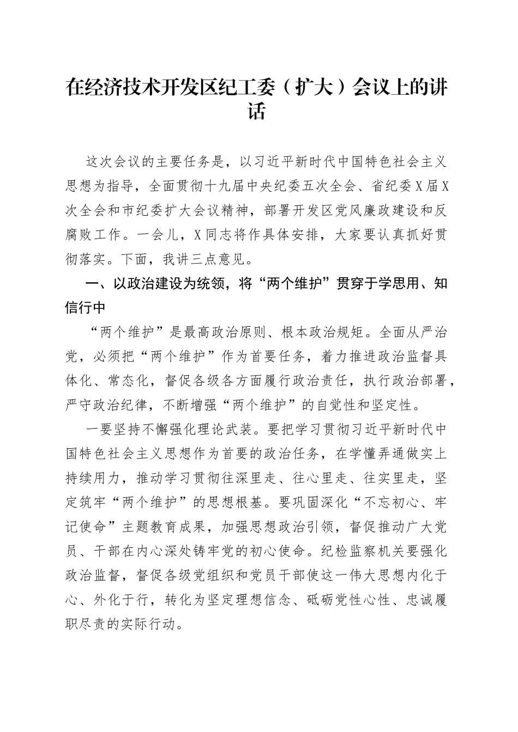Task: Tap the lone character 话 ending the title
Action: (256, 111)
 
